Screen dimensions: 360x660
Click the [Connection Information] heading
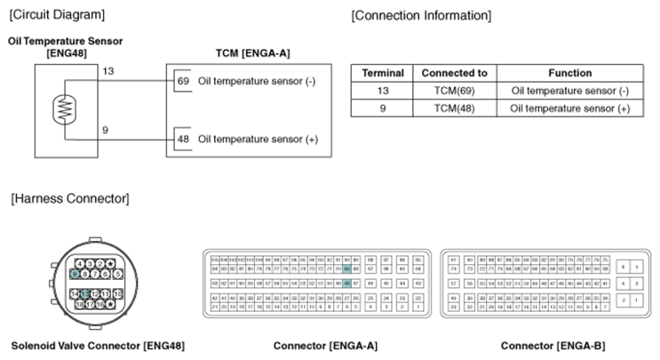click(x=421, y=16)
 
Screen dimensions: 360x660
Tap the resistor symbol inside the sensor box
click(x=63, y=108)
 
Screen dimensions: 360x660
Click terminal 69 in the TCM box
click(x=185, y=81)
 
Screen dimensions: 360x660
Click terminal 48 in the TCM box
click(x=185, y=140)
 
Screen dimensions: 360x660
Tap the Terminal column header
click(x=384, y=73)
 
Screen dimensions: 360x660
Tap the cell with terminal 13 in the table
click(x=384, y=90)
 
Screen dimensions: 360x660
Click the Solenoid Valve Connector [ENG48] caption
click(x=98, y=344)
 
